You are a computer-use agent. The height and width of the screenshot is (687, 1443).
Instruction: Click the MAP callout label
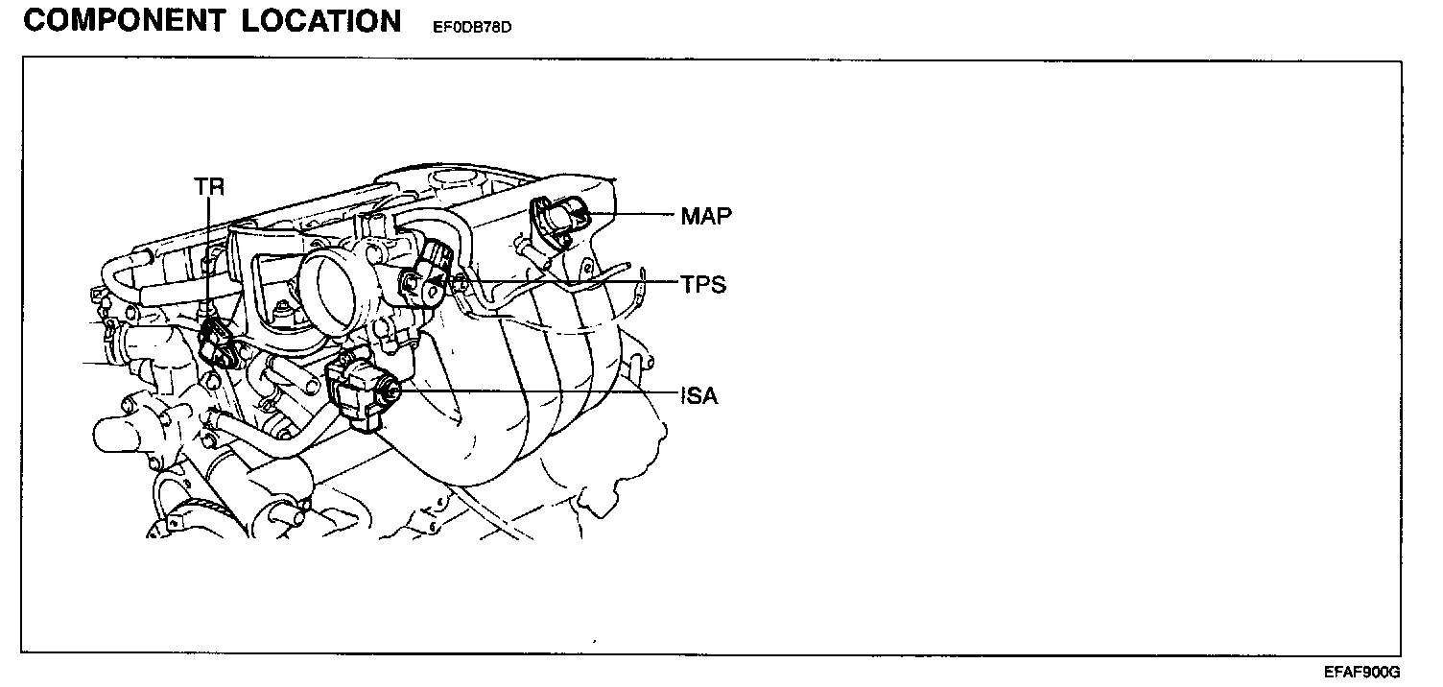click(706, 216)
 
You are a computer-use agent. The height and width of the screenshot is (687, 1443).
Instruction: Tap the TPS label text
click(703, 285)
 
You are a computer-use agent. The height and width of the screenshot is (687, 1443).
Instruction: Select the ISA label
click(699, 394)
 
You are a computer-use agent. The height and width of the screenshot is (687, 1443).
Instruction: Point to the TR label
click(209, 187)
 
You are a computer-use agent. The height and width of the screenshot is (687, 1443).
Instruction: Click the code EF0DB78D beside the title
click(466, 27)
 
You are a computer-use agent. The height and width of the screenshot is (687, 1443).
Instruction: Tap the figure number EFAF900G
click(1362, 673)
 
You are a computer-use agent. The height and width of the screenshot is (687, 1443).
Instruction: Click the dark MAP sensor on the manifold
click(561, 219)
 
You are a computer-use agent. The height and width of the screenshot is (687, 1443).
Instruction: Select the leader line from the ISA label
click(537, 392)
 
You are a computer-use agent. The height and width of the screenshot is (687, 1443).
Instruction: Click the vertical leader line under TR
click(209, 259)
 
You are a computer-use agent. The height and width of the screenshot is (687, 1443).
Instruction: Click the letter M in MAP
click(691, 216)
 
